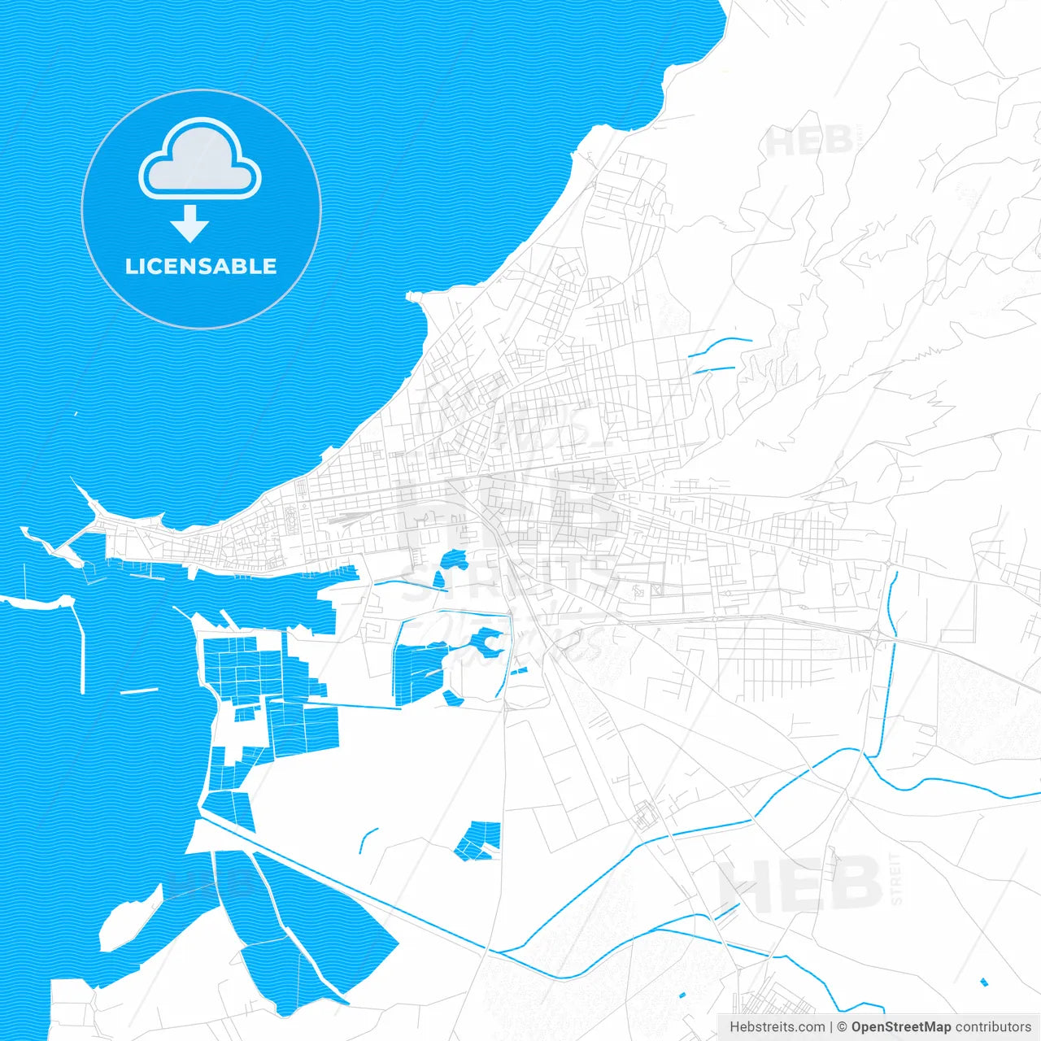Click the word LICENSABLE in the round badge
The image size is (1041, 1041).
click(201, 266)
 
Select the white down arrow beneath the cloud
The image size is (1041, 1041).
click(189, 224)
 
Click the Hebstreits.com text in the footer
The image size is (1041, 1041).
click(777, 1027)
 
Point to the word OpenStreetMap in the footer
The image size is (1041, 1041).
click(901, 1027)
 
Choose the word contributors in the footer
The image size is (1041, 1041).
click(993, 1027)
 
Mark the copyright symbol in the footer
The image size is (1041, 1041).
click(842, 1027)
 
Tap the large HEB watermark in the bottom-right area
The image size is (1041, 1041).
click(801, 882)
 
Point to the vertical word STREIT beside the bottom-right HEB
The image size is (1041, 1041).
click(896, 878)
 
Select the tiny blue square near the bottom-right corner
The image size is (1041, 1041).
click(984, 982)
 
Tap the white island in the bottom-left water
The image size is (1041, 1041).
click(130, 917)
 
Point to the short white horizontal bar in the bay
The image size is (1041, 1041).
click(139, 691)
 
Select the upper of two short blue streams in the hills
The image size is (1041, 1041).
click(721, 345)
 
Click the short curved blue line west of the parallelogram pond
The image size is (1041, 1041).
click(368, 840)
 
